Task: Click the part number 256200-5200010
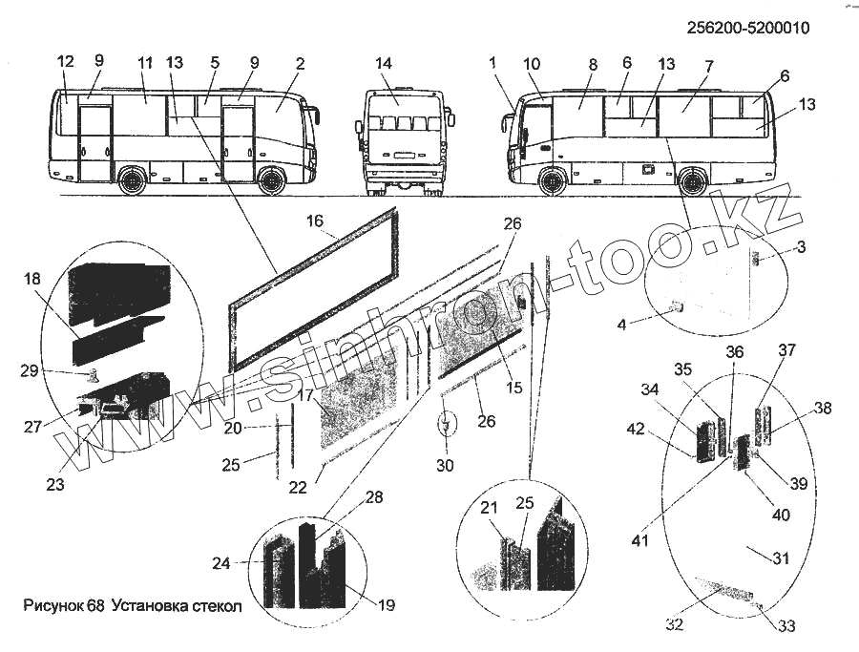747,28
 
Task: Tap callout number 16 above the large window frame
315,221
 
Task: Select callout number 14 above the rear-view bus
384,64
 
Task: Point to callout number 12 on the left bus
65,61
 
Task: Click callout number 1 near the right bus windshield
492,63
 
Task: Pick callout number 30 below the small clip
445,465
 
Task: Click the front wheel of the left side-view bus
272,179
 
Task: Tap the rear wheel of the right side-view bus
693,179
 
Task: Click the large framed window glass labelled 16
315,291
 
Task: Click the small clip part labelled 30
446,422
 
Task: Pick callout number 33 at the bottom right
786,627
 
